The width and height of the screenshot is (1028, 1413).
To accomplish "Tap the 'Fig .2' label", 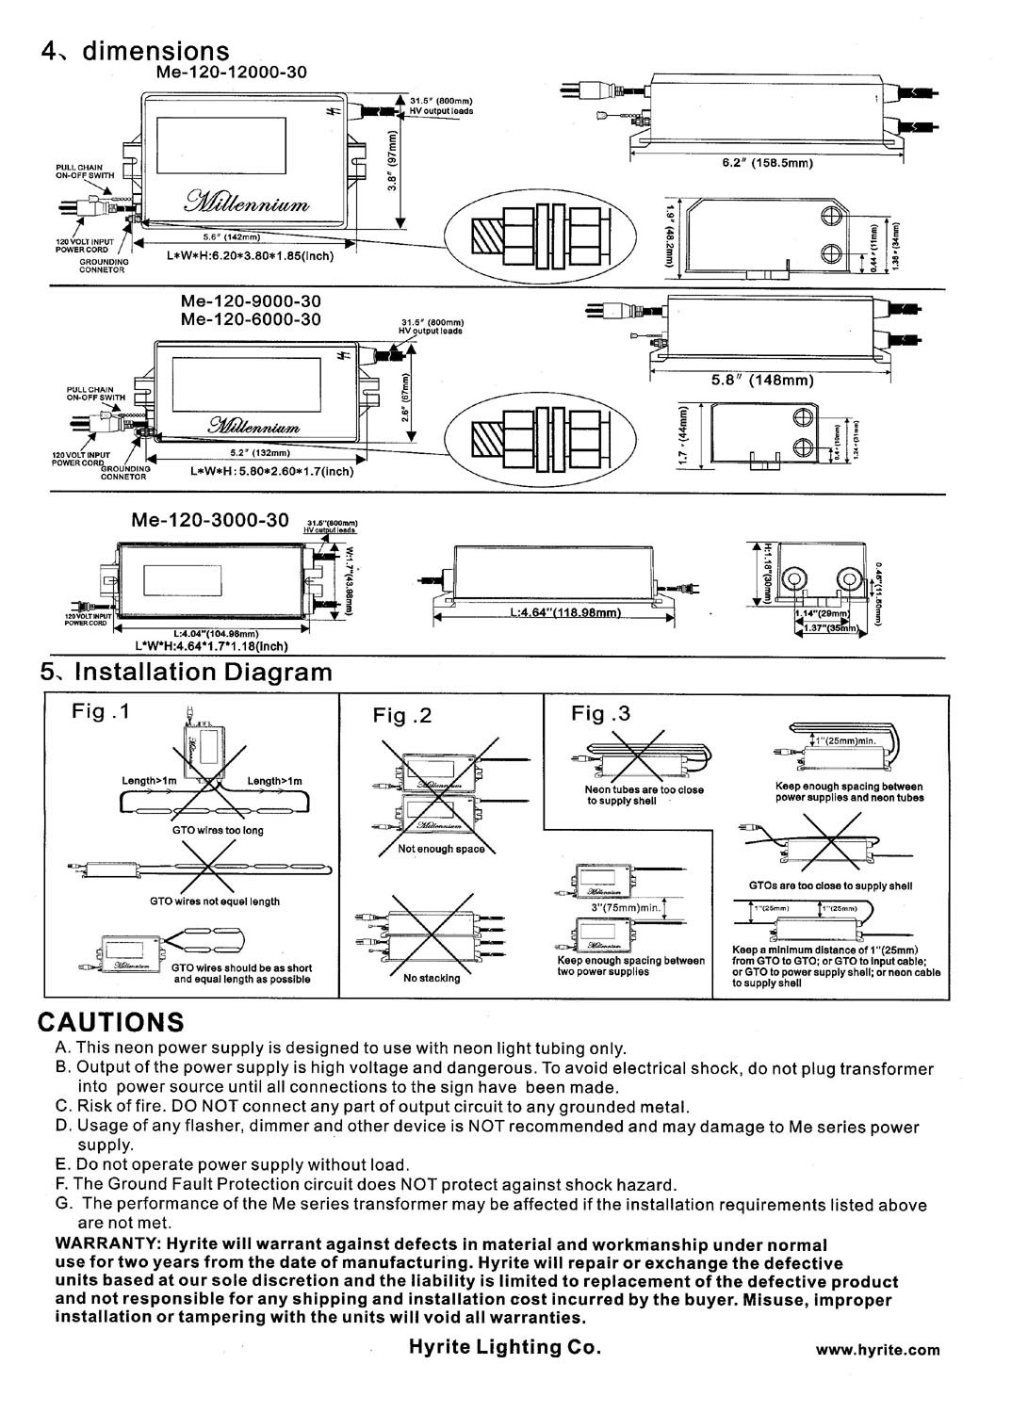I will click(402, 716).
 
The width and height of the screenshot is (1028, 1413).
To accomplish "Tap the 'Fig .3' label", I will click(600, 713).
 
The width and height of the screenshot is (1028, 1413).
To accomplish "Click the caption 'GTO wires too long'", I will click(218, 830).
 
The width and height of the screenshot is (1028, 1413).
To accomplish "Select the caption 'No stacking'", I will click(432, 978).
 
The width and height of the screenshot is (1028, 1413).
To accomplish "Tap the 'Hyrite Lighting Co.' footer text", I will click(504, 1347).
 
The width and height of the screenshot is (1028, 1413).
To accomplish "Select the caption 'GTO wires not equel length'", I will click(215, 901).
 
